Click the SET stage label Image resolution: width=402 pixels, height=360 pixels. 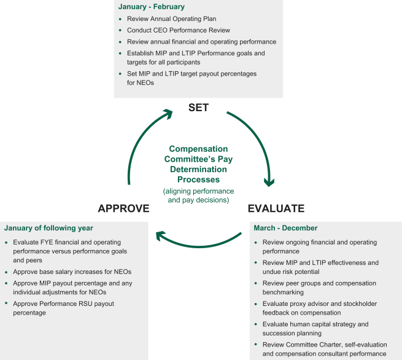tap(198, 108)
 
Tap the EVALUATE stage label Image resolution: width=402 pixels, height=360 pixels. tap(276, 208)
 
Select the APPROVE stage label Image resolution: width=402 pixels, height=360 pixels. tap(123, 208)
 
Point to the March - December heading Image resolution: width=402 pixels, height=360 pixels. tap(285, 228)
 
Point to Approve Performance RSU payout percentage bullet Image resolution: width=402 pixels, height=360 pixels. tap(63, 308)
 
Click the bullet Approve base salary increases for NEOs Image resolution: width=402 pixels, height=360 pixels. tap(72, 272)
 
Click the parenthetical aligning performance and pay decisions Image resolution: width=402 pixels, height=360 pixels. tap(198, 195)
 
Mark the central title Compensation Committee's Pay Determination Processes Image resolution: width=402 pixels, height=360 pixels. tap(198, 164)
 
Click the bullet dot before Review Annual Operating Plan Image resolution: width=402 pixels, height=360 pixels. tap(120, 19)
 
